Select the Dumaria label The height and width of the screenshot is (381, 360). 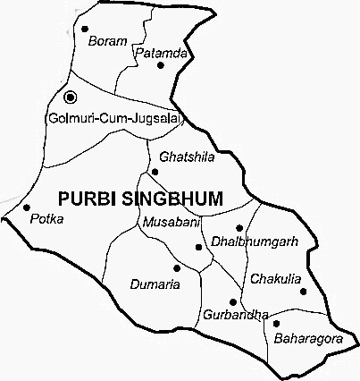click(x=155, y=284)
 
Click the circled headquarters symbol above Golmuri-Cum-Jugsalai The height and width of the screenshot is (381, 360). click(x=71, y=97)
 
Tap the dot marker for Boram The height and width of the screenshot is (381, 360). click(x=85, y=28)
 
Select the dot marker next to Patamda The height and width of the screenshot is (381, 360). click(x=161, y=64)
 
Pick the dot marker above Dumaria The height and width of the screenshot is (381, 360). click(x=177, y=267)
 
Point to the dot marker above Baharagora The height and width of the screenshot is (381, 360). click(x=276, y=324)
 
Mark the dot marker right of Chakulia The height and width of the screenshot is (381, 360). click(x=303, y=290)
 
